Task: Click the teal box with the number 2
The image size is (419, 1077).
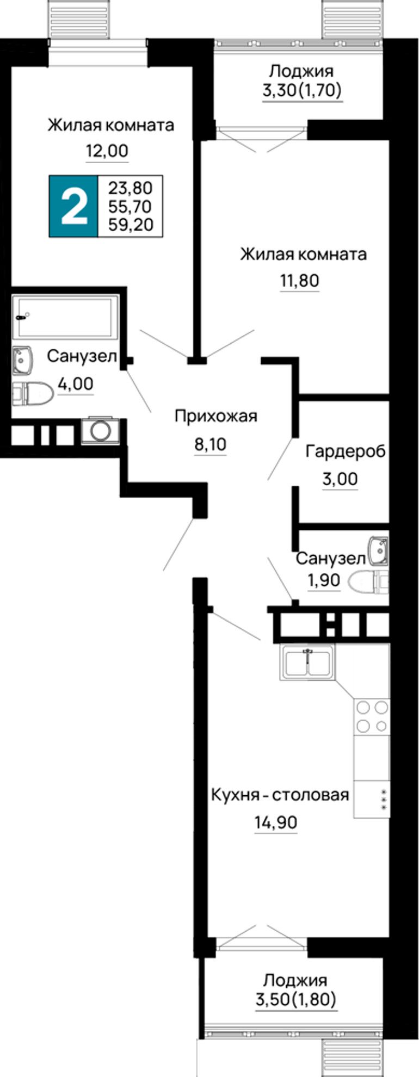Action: [73, 207]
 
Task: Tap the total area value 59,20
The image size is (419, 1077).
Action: [131, 224]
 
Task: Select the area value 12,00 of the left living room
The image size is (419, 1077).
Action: [107, 151]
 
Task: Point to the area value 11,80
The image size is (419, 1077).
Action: [299, 281]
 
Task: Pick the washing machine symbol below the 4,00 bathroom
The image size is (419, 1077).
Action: [100, 430]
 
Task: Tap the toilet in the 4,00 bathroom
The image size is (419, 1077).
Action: [32, 393]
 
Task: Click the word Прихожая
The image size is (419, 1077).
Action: [215, 417]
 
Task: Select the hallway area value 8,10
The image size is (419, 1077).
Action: [210, 444]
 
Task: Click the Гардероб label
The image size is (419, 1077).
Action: [346, 451]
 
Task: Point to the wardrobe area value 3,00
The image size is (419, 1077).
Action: [340, 479]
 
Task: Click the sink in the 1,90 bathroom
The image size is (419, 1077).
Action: [378, 550]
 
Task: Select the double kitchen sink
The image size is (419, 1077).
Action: [307, 662]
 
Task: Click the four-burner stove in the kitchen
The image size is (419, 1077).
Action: [372, 716]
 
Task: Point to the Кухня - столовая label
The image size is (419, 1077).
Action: [280, 795]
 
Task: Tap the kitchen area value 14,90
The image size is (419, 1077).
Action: [275, 822]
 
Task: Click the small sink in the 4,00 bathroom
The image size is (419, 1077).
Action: [22, 361]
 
